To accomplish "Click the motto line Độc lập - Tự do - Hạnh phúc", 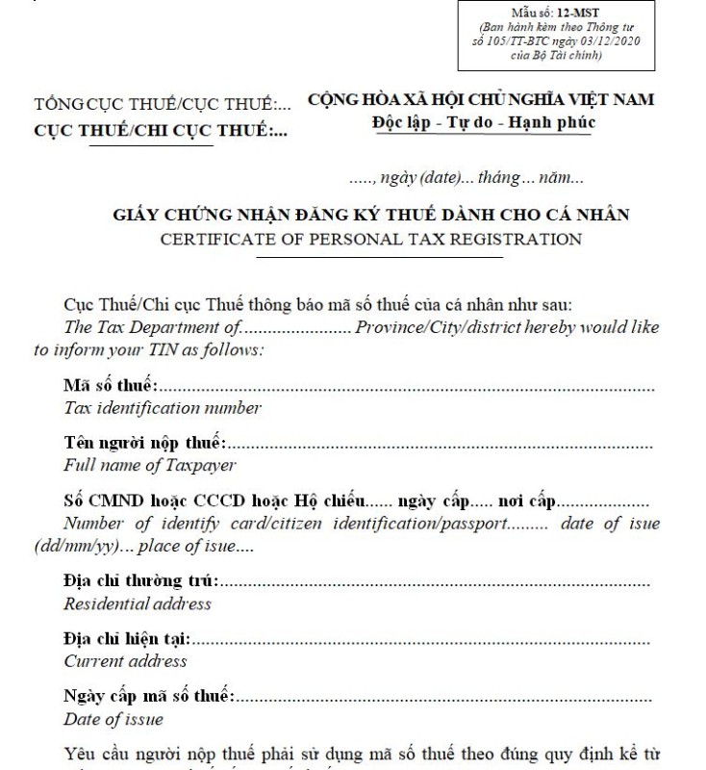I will [483, 122].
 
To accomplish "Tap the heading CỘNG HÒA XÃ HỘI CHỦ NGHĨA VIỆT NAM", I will [481, 100].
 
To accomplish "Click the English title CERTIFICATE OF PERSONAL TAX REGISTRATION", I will [370, 239].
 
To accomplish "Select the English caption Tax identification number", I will [162, 408].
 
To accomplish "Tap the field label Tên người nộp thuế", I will [144, 444].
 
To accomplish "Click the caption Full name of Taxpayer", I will [149, 466].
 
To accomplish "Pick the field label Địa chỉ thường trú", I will [140, 582].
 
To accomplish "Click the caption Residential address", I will [137, 604].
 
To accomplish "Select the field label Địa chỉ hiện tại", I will [126, 639].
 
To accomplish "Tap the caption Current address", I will [125, 661].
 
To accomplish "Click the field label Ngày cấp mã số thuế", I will [148, 697].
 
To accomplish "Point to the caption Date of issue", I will [113, 719].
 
